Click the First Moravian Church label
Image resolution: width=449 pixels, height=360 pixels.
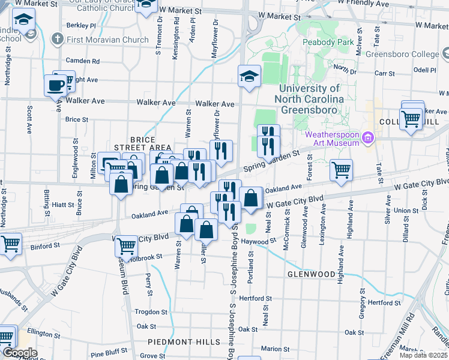point(108,40)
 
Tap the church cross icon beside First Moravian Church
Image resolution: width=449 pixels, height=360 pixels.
point(58,40)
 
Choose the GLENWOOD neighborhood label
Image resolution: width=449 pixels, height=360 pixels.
point(311,274)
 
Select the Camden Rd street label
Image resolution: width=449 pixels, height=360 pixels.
point(82,61)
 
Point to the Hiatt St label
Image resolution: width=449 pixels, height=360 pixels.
point(62,205)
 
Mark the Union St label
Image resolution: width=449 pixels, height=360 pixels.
point(406,211)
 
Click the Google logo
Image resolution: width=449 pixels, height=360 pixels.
point(19,353)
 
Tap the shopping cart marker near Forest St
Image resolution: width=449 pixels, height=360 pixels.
point(341,170)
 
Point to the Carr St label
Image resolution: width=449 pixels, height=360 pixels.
point(380,73)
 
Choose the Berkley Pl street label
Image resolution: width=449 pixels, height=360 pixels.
point(81,26)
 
